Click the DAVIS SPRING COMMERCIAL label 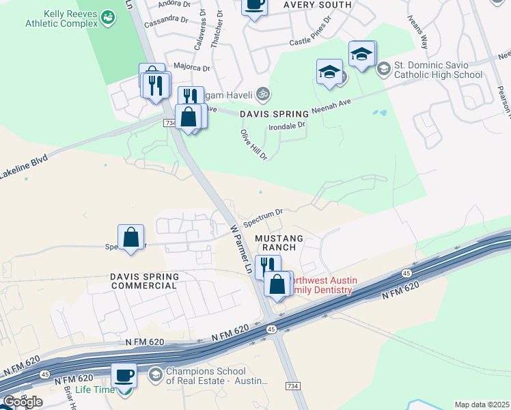point(144,281)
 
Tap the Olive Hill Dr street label point(253,144)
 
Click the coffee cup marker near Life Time point(124,374)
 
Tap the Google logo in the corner point(23,402)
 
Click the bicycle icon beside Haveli point(263,94)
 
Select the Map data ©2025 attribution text point(481,405)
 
